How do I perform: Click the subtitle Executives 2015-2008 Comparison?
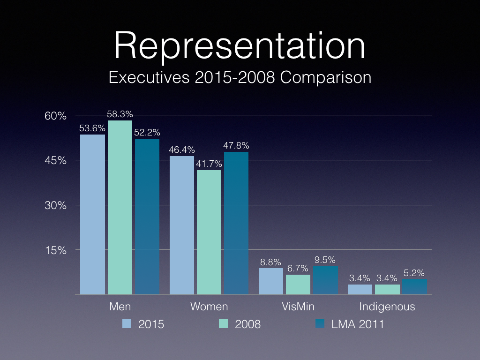tap(240, 77)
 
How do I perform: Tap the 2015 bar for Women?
tap(182, 225)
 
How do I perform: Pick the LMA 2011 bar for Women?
tap(236, 223)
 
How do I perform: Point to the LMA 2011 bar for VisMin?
tap(325, 280)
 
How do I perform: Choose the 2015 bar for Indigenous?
tap(360, 289)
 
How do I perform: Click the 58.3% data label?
tap(120, 114)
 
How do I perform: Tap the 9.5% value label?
tap(325, 260)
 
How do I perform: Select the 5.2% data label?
tap(414, 273)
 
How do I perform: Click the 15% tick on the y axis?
tap(56, 250)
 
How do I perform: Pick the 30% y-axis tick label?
tap(56, 205)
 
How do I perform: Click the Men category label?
tap(120, 307)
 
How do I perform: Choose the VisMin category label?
tap(298, 307)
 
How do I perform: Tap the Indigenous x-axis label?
tap(387, 307)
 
